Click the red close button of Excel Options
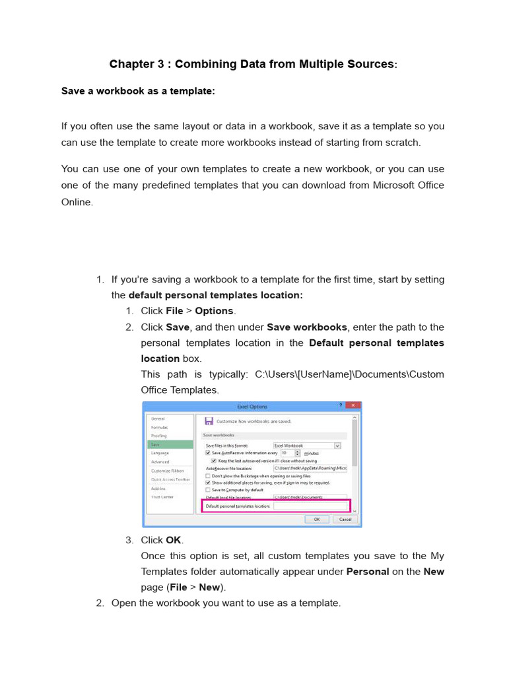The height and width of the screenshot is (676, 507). click(353, 405)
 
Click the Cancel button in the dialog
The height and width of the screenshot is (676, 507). click(345, 519)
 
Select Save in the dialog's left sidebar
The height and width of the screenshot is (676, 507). click(170, 445)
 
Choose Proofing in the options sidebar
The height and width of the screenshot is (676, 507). click(159, 436)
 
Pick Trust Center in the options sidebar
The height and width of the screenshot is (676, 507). click(162, 496)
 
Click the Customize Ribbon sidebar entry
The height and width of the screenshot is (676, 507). click(168, 471)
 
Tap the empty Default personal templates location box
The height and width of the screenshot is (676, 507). click(310, 506)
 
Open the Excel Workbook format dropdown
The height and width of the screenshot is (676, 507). click(337, 446)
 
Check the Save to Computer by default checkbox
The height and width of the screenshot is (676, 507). click(208, 490)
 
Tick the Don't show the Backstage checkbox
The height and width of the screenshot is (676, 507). click(208, 475)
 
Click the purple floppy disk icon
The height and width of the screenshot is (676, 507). click(209, 421)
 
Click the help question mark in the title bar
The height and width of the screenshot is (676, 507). click(341, 405)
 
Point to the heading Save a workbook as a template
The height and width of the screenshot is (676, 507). click(138, 91)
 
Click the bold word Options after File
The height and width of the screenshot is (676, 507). click(214, 311)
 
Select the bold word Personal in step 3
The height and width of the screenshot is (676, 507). click(367, 572)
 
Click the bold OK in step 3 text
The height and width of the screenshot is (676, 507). click(173, 540)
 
